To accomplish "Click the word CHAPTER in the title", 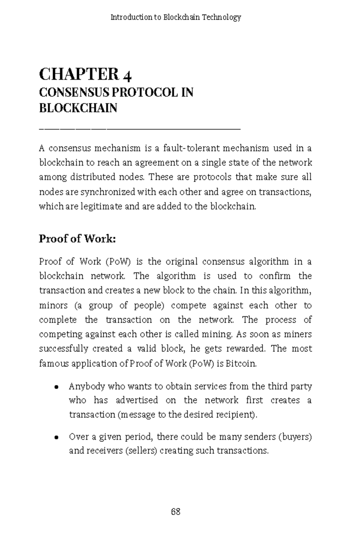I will pos(79,74).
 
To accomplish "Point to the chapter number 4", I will pos(127,76).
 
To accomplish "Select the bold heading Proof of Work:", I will pos(77,239).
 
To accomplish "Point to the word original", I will pos(181,262).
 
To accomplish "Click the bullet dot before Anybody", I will pos(56,387).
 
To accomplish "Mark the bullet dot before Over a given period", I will pos(56,437).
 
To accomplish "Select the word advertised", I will pos(137,400).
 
